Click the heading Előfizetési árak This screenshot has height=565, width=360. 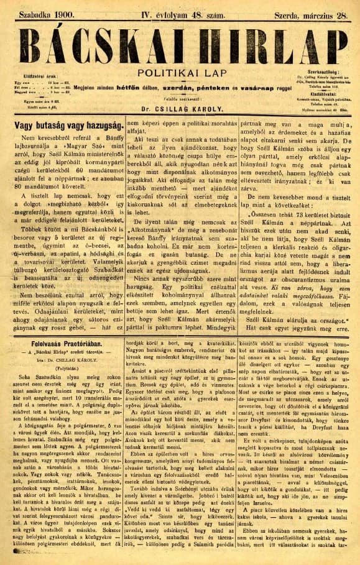click(x=37, y=78)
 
